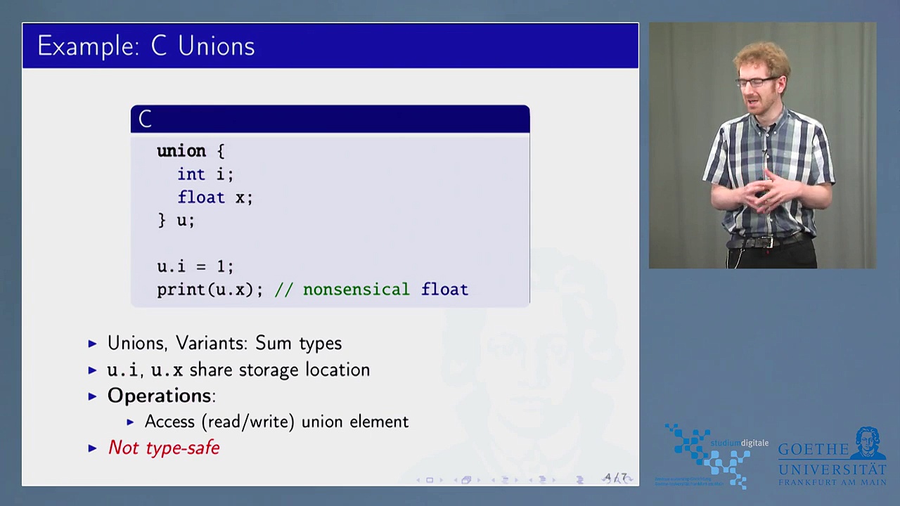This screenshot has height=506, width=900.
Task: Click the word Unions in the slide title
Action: point(216,46)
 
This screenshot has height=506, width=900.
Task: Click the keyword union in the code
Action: point(181,151)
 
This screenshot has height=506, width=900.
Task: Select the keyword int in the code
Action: point(191,174)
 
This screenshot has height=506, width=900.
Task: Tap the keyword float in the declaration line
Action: point(201,197)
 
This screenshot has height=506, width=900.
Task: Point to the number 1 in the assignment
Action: point(221,267)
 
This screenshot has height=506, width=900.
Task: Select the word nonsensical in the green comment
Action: point(356,290)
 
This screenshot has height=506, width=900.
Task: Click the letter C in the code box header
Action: point(145,119)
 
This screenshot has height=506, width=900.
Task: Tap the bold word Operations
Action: point(159,396)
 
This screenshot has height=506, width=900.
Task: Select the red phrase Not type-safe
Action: point(164,448)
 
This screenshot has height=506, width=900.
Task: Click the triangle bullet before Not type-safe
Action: point(93,448)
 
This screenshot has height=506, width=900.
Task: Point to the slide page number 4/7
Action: point(616,478)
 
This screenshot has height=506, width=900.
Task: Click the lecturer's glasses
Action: point(756,82)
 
